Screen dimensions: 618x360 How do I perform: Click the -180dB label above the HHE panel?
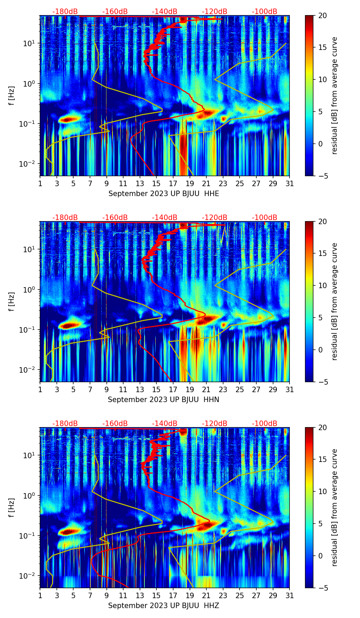[x=65, y=12]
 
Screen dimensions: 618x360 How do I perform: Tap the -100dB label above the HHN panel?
[x=265, y=218]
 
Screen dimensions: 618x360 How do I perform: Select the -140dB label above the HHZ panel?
[x=165, y=424]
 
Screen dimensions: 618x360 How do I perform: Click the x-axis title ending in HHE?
[x=164, y=194]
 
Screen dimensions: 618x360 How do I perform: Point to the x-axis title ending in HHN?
[x=164, y=400]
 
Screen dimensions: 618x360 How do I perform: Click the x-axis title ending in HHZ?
[x=164, y=606]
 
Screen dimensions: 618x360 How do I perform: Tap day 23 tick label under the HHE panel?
[x=223, y=184]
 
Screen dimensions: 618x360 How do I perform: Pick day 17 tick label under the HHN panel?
[x=173, y=390]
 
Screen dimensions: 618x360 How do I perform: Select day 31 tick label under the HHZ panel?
[x=290, y=596]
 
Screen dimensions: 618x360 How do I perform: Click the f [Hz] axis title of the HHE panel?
[x=12, y=96]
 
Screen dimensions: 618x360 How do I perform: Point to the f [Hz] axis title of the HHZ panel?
[x=12, y=508]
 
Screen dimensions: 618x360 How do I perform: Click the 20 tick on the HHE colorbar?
[x=322, y=16]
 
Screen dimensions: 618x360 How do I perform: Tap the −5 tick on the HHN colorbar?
[x=322, y=382]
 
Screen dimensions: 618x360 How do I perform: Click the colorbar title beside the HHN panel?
[x=334, y=301]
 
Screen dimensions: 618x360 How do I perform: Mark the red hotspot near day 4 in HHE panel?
[x=69, y=119]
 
